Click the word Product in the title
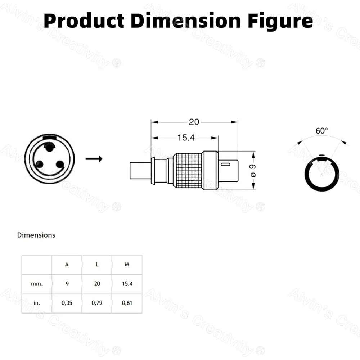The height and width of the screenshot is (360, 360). tap(84, 21)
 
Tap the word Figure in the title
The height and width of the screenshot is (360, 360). tap(280, 22)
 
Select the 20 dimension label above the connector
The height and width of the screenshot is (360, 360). tap(194, 122)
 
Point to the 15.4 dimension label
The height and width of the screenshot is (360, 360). tap(186, 138)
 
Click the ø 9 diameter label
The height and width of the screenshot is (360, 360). tap(253, 171)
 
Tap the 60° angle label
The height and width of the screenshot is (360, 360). tap(321, 131)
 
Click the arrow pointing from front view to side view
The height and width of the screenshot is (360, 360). tap(94, 159)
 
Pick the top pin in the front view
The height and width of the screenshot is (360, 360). tap(49, 147)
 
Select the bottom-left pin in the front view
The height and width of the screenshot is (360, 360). tap(39, 164)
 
